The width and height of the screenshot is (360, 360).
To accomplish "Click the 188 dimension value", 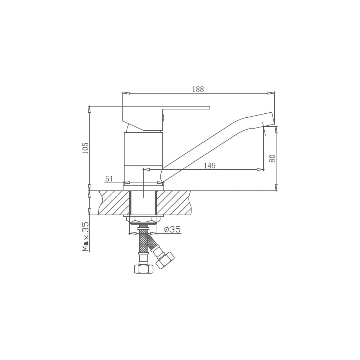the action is (198, 89).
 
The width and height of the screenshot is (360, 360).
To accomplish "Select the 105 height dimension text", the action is (85, 148).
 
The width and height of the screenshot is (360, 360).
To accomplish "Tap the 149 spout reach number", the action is (210, 165).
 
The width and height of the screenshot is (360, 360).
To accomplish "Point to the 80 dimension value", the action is (272, 158).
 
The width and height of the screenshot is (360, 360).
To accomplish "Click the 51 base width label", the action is (109, 179).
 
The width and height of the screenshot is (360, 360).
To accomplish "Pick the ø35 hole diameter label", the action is (172, 229).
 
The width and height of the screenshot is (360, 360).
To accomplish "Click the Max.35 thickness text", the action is (86, 237).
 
